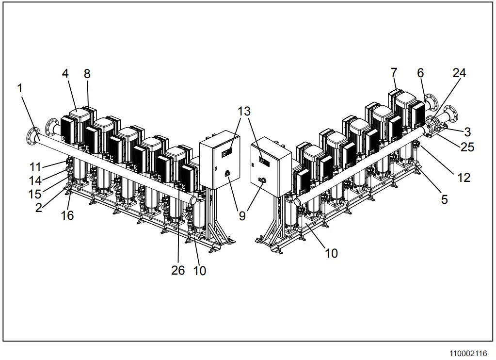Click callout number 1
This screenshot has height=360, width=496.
coord(20,88)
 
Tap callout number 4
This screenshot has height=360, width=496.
coord(65,74)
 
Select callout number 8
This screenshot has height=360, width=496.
coord(87,74)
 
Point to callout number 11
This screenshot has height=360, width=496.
coord(35,167)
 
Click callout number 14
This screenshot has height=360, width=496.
coord(35,180)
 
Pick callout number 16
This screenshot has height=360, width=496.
coord(67,215)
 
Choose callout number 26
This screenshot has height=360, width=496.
coord(178,270)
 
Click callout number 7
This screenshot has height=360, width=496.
coord(394,73)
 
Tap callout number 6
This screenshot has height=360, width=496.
coord(420,73)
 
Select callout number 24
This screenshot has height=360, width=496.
coord(459,73)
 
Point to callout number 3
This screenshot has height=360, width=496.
coord(467,131)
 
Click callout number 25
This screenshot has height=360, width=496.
coord(467,147)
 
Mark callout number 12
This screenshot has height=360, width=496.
coord(464,178)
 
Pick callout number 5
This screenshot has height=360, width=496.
coord(444,199)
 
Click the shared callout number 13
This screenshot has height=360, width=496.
coord(244,112)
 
